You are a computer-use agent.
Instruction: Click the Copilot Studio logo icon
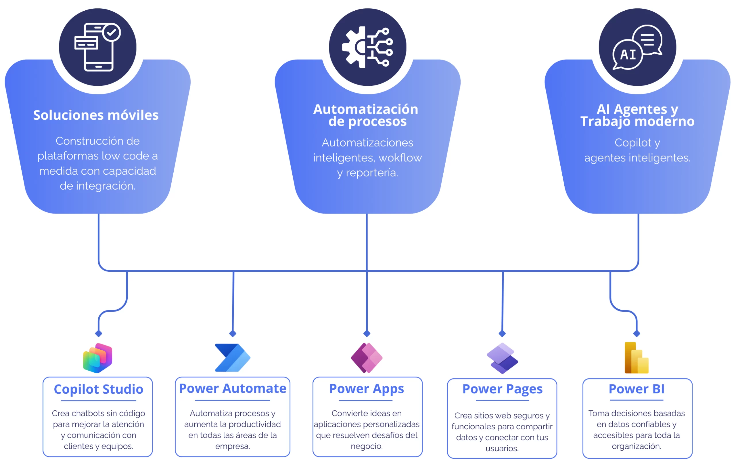tap(98, 358)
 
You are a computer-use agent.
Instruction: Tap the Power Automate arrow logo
tap(232, 358)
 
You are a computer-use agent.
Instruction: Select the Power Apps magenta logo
tap(367, 358)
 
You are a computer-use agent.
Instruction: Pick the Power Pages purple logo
tap(502, 358)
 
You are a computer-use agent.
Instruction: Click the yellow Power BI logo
tap(636, 358)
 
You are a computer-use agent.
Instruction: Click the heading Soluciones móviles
tap(96, 115)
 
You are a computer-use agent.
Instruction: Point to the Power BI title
tap(636, 389)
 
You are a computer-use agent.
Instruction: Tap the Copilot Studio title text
tap(98, 389)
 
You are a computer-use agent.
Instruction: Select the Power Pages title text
tap(502, 389)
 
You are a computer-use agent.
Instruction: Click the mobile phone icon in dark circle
tap(98, 47)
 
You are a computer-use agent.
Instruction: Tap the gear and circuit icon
tap(367, 47)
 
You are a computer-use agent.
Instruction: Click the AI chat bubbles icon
tap(637, 47)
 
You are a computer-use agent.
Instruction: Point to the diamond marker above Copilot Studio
tap(99, 334)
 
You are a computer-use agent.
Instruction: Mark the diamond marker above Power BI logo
tap(637, 334)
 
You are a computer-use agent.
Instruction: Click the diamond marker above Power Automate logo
tap(233, 334)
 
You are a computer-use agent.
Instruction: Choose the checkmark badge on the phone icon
tap(111, 32)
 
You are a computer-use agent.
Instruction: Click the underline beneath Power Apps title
tap(366, 400)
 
